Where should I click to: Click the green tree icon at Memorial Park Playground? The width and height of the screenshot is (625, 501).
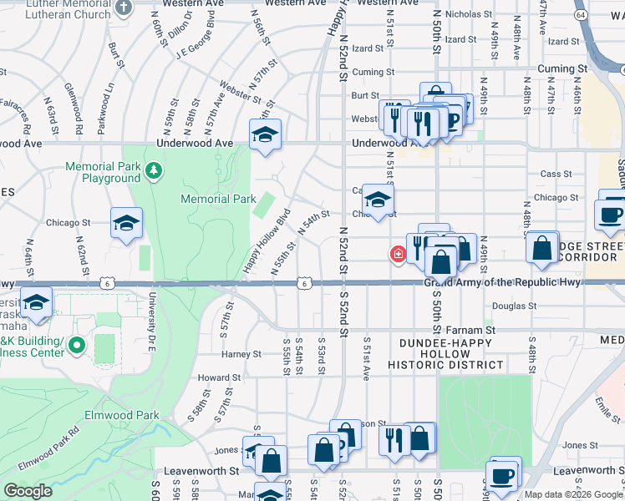tap(153, 171)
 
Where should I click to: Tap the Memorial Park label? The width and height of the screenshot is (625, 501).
tap(218, 199)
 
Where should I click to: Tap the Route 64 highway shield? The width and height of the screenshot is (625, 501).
tap(582, 15)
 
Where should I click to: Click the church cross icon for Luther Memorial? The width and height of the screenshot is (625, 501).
tap(124, 8)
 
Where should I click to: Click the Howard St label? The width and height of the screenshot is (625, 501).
tap(219, 377)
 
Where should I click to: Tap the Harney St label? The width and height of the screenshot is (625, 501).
tap(241, 354)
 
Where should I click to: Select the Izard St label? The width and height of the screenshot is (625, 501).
tap(460, 39)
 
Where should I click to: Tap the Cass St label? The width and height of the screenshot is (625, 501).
tap(555, 174)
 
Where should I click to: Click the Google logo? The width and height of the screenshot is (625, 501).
tap(28, 491)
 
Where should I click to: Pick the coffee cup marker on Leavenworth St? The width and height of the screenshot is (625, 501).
tap(504, 474)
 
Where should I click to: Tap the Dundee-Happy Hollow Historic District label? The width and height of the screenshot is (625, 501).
tap(450, 354)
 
